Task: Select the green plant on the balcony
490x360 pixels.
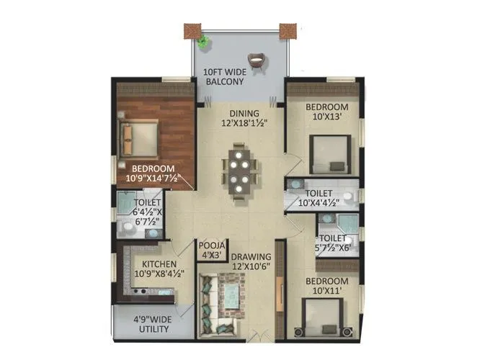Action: [206, 41]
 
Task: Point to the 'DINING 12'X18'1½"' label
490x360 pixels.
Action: [245, 118]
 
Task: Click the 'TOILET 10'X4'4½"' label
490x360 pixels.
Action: [318, 198]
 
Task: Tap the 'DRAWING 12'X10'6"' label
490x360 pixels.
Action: [250, 261]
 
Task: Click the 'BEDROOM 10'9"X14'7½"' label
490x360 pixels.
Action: [153, 174]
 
